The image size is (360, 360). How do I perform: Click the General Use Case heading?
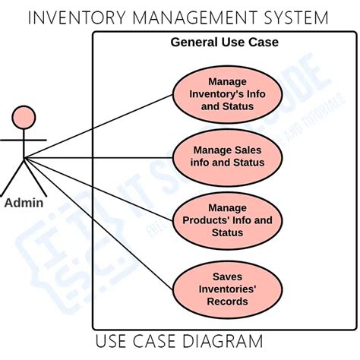(x=225, y=43)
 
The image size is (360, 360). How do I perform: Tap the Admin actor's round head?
(x=24, y=118)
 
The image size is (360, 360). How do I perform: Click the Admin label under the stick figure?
(x=24, y=203)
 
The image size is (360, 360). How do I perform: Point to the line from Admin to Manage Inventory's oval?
(x=99, y=125)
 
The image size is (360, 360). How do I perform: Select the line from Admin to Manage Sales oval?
(x=99, y=157)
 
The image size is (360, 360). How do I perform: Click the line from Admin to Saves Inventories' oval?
(x=99, y=220)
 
